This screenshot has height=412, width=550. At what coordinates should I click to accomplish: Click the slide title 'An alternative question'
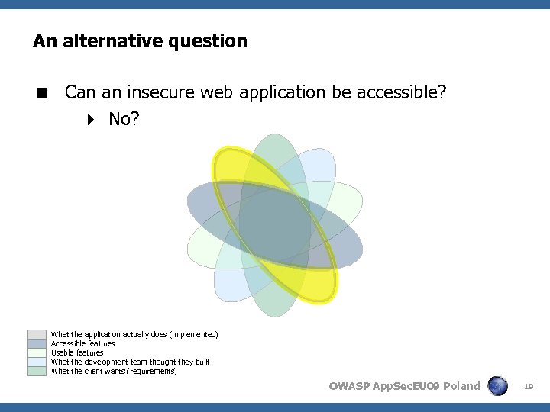coord(140,41)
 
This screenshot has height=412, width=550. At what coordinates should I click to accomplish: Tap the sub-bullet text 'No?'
coord(124,119)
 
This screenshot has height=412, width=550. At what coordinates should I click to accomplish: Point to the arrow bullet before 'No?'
coord(91,119)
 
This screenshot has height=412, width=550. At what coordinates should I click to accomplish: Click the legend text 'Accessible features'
coord(82,344)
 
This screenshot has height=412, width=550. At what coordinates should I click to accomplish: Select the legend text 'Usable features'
coord(76,353)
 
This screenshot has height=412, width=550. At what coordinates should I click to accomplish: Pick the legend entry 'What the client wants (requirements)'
coord(113,372)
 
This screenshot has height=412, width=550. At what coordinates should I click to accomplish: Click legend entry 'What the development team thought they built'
coord(130,362)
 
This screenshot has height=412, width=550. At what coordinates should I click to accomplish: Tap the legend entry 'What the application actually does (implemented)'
coord(134,335)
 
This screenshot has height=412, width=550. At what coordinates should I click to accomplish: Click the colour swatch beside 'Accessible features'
coord(37,343)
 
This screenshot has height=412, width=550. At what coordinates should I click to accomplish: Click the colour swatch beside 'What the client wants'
coord(37,371)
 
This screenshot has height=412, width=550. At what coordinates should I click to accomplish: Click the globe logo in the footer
coord(498,386)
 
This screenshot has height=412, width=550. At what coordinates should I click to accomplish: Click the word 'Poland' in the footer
coord(461,386)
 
